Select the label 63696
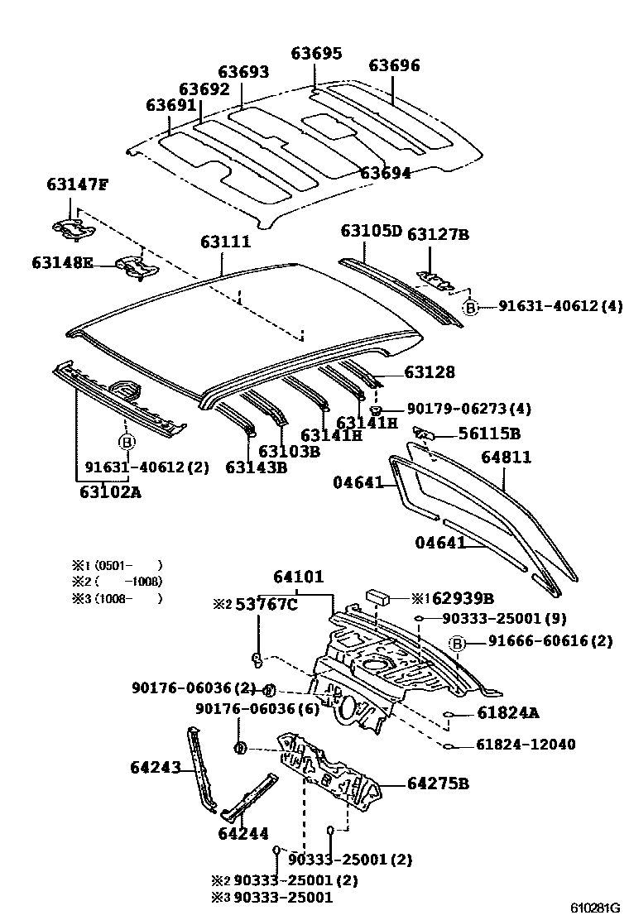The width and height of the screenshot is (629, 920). (x=394, y=66)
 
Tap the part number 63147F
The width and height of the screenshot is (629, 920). (x=76, y=184)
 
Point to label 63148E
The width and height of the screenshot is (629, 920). (x=63, y=263)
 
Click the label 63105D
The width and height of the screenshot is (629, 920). (x=370, y=231)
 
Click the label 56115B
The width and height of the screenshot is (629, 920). (x=491, y=434)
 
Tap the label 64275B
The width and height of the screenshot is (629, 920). (x=438, y=783)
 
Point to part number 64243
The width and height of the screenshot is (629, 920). (x=155, y=768)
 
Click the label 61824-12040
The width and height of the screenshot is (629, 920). (x=526, y=745)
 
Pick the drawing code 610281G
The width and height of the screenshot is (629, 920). (x=594, y=907)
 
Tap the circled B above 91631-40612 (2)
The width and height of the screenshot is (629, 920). (x=127, y=443)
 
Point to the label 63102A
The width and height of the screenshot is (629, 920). (x=110, y=493)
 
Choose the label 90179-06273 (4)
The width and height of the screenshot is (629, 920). (x=468, y=409)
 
